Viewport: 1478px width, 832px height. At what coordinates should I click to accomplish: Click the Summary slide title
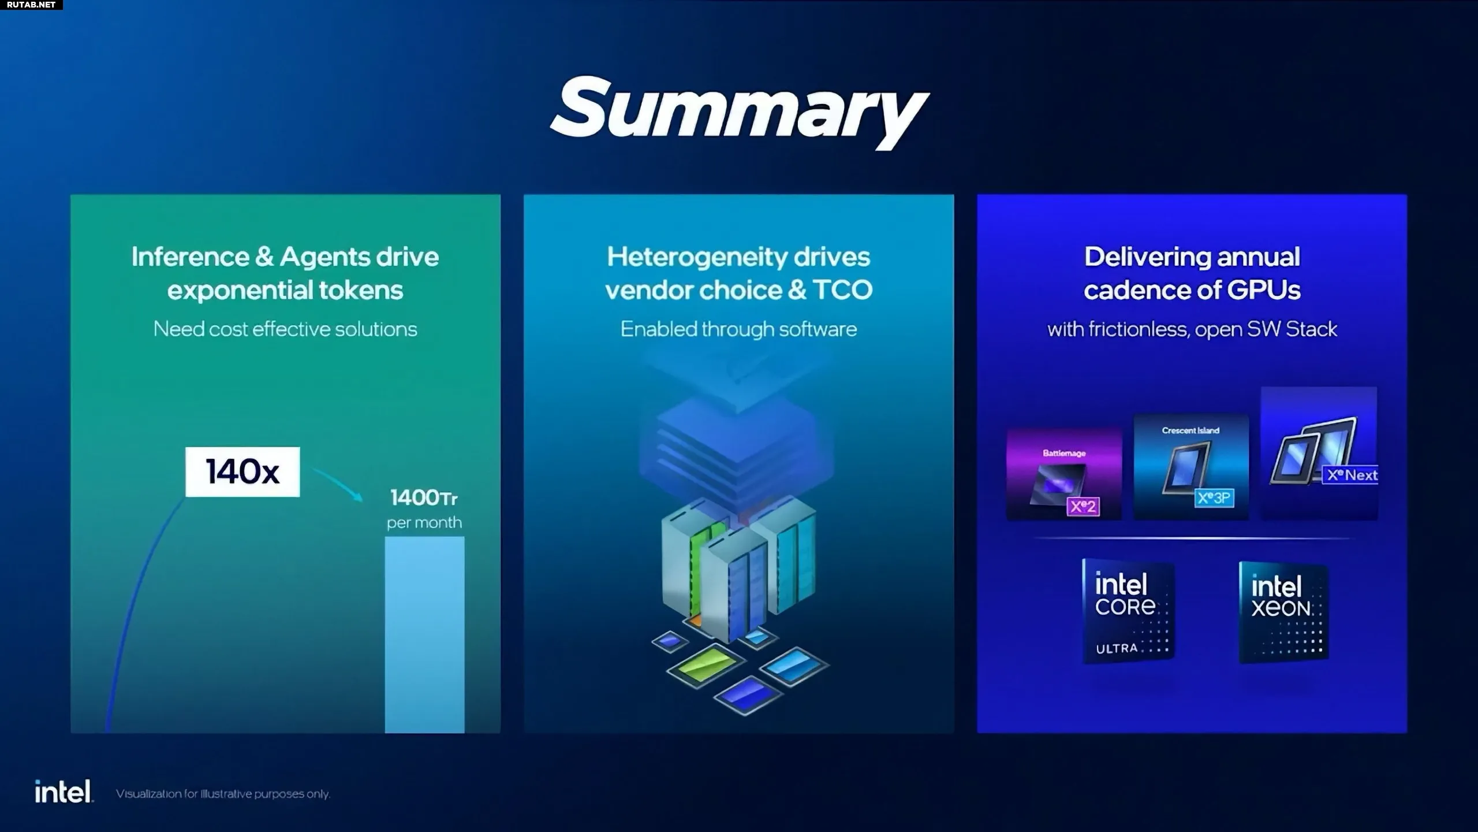point(739,112)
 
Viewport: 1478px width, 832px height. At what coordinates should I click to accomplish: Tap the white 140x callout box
point(242,471)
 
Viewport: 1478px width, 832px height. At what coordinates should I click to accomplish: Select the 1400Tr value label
point(424,497)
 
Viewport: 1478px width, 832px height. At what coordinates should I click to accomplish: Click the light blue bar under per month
point(424,634)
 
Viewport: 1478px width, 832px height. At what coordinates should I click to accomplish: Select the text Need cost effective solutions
point(285,329)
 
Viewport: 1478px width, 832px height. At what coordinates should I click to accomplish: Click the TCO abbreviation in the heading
point(843,290)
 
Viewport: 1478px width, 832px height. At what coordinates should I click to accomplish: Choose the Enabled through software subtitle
point(738,329)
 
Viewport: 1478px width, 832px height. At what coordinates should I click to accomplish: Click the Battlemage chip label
point(1064,453)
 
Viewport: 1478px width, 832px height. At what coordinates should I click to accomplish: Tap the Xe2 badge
point(1083,507)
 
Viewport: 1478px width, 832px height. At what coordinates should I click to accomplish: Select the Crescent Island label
point(1190,430)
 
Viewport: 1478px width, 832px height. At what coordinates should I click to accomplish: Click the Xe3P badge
point(1214,497)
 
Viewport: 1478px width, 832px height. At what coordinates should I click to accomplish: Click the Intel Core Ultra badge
point(1128,611)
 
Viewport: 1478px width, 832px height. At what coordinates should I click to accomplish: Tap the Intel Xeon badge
point(1283,612)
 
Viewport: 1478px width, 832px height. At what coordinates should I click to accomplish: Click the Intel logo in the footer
point(64,792)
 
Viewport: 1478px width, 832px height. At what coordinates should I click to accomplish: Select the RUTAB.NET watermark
point(31,5)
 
